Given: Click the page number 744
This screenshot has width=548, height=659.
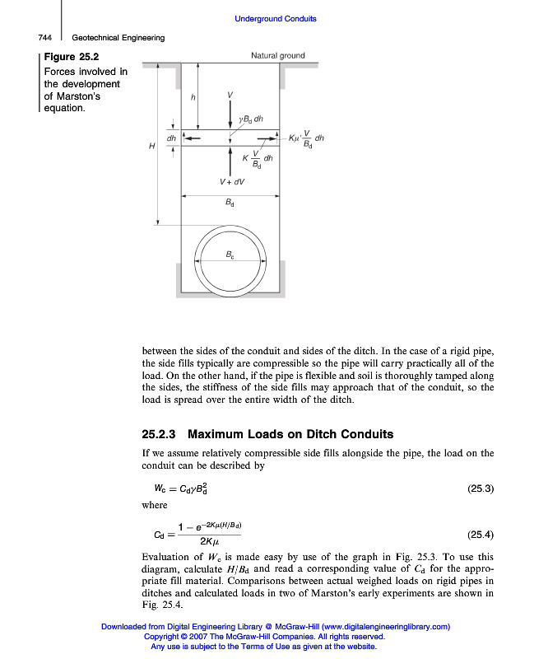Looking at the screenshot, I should click(45, 38).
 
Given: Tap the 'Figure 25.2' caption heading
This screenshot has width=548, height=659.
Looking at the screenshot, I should click(72, 58).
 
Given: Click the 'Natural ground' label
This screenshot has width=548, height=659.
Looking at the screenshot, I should click(277, 56).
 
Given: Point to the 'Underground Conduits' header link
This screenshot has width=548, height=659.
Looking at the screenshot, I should click(276, 19).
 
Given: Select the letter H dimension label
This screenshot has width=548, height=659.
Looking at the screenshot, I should click(151, 146).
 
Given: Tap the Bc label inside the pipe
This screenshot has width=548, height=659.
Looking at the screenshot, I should click(230, 255).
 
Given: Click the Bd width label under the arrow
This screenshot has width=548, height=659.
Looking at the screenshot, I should click(230, 202).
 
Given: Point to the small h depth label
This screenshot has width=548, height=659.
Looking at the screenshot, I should click(193, 97).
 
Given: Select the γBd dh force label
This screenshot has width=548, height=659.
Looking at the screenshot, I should click(251, 119).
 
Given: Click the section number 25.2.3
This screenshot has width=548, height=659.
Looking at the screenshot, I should click(160, 434).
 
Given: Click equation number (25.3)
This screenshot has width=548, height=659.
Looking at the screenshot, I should click(480, 488).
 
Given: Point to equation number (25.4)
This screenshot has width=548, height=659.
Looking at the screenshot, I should click(480, 533).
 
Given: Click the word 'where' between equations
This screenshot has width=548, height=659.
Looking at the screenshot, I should click(154, 505).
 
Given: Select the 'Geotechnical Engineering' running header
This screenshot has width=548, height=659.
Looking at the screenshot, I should click(118, 38).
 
